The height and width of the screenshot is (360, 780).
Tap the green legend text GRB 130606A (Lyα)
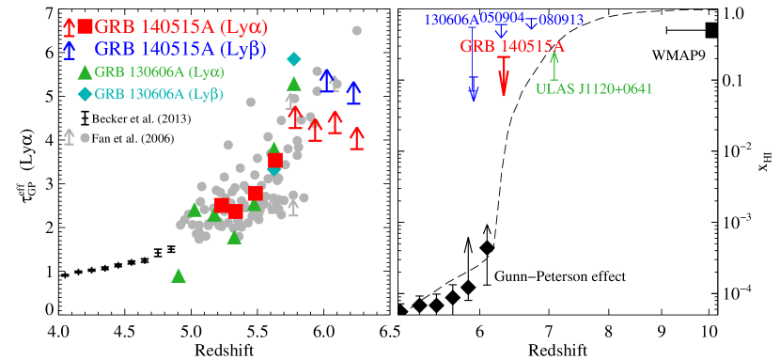pyautogui.click(x=159, y=71)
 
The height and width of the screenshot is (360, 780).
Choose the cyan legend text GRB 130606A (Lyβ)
pyautogui.click(x=158, y=93)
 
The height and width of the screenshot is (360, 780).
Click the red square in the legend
pyautogui.click(x=86, y=26)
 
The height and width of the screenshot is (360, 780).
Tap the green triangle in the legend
pyautogui.click(x=85, y=71)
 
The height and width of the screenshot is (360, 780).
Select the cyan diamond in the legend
pyautogui.click(x=85, y=93)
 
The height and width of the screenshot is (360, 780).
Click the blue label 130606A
pyautogui.click(x=451, y=20)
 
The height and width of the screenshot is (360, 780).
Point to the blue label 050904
pyautogui.click(x=502, y=17)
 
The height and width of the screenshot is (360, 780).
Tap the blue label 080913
pyautogui.click(x=561, y=19)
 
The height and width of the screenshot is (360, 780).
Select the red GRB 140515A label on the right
pyautogui.click(x=512, y=46)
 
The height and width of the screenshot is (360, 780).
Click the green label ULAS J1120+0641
pyautogui.click(x=594, y=89)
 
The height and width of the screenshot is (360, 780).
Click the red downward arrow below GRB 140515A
pyautogui.click(x=504, y=76)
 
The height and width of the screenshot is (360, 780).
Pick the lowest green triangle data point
pyautogui.click(x=179, y=275)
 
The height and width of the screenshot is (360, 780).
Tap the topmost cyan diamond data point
pyautogui.click(x=294, y=59)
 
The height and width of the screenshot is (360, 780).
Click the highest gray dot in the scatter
pyautogui.click(x=357, y=30)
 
